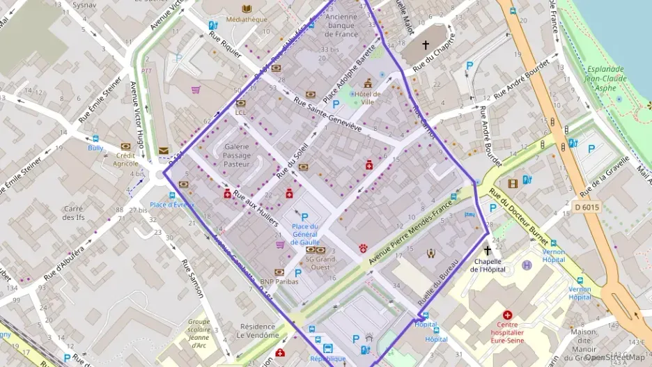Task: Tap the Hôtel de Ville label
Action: tap(367, 98)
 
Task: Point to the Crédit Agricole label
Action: tap(125, 159)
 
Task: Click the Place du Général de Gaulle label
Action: tap(304, 235)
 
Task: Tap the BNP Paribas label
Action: tap(279, 281)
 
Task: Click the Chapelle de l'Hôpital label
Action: tap(487, 265)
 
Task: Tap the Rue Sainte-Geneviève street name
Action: tap(327, 114)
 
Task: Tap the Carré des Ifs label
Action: tap(74, 213)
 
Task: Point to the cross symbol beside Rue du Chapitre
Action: tap(426, 44)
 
